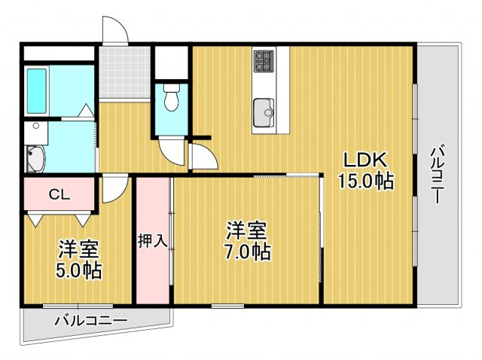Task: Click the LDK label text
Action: (x=365, y=160)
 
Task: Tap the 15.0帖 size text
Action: (x=365, y=182)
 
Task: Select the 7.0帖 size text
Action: (x=248, y=252)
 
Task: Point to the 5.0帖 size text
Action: (x=78, y=270)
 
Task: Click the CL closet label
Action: (x=60, y=194)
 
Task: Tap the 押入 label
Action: (x=153, y=240)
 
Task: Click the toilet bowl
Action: (x=172, y=97)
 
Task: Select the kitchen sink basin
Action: (x=264, y=112)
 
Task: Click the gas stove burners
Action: (x=264, y=60)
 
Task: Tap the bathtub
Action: (x=37, y=91)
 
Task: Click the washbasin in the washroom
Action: (x=35, y=159)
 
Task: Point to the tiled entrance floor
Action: (x=125, y=72)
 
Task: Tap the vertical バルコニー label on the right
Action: (x=437, y=175)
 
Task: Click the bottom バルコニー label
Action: (x=91, y=321)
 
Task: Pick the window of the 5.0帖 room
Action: (x=78, y=307)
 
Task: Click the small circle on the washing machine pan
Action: (x=36, y=126)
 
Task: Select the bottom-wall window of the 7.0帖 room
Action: (x=227, y=307)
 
